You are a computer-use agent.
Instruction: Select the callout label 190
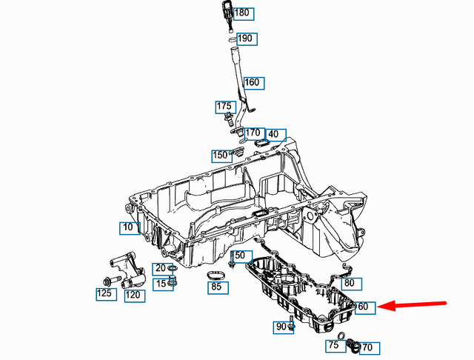click(x=244, y=39)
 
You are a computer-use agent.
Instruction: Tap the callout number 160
click(x=252, y=82)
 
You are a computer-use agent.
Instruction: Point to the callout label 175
click(x=224, y=107)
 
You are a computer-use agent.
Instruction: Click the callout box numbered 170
click(x=253, y=133)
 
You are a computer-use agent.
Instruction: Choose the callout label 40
click(x=273, y=134)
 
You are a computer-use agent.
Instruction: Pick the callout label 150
click(x=220, y=156)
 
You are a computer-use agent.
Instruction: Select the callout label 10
click(x=130, y=227)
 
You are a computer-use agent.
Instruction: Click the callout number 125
click(x=104, y=294)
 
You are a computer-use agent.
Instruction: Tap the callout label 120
click(x=134, y=296)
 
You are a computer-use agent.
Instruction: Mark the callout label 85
click(x=216, y=287)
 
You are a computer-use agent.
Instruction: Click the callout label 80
click(x=353, y=283)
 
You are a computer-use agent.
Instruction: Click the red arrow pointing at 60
click(x=415, y=304)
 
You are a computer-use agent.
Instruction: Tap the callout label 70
click(x=367, y=347)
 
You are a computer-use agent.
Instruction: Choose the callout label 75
click(x=333, y=346)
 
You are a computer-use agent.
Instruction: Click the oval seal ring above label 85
click(x=215, y=275)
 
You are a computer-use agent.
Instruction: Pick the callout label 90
click(x=281, y=327)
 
